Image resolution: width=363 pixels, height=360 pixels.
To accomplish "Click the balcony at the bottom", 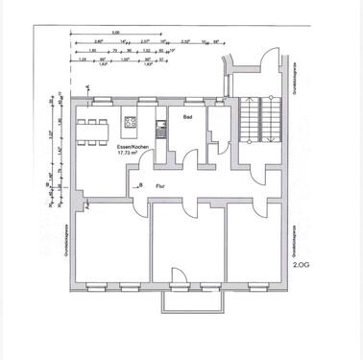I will click(x=179, y=300).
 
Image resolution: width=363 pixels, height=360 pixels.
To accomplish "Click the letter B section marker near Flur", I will click(x=140, y=182).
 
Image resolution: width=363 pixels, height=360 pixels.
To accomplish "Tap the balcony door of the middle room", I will click(x=179, y=279).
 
